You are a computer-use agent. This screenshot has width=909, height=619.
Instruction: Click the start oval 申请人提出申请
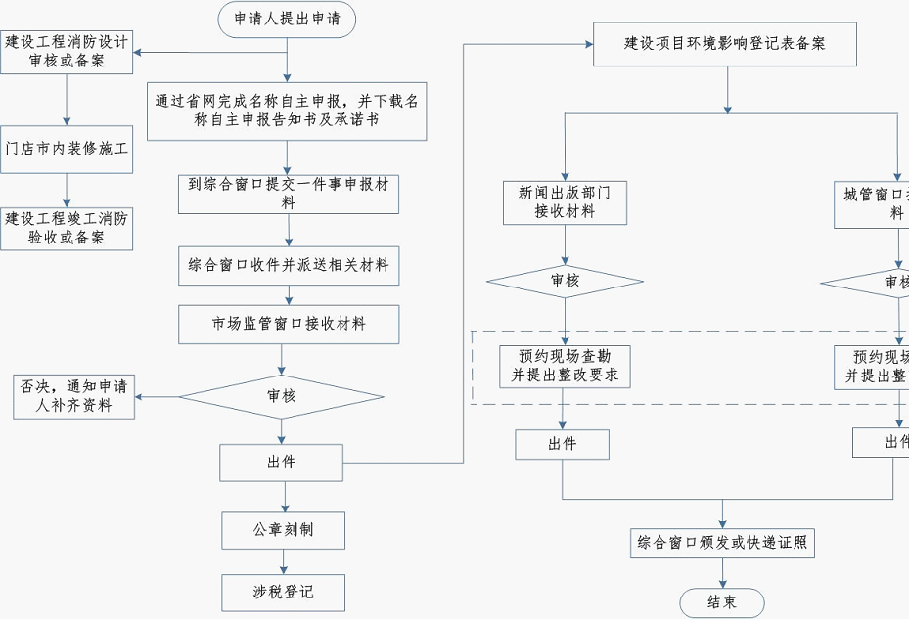(x=287, y=19)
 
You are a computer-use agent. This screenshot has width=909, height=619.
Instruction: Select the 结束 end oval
(x=722, y=602)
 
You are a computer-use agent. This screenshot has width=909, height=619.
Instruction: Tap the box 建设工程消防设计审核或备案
(x=67, y=51)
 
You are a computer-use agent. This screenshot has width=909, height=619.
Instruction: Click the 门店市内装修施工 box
(x=67, y=150)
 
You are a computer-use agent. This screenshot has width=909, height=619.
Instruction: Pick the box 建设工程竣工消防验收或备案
(x=67, y=228)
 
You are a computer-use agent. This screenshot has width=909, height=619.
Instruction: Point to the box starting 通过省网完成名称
(x=288, y=111)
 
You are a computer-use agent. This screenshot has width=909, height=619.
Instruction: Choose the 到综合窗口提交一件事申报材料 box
(x=289, y=194)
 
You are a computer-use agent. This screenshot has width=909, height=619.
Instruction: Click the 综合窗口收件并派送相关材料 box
(x=289, y=265)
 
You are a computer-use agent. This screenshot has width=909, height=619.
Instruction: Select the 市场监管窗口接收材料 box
(x=289, y=324)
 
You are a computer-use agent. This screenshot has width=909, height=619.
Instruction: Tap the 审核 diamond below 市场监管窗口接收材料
(x=282, y=396)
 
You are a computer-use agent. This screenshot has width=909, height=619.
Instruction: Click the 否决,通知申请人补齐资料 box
(x=74, y=396)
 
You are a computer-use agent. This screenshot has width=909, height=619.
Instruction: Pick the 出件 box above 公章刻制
(x=281, y=463)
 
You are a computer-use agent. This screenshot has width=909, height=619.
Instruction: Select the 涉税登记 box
(x=284, y=592)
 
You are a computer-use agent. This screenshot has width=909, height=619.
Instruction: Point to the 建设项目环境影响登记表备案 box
(x=725, y=44)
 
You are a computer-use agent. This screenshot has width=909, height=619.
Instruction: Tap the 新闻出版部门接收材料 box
(x=565, y=202)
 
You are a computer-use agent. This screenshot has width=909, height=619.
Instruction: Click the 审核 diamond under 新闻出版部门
(x=565, y=282)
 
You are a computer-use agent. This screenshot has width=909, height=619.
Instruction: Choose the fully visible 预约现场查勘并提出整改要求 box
(x=563, y=367)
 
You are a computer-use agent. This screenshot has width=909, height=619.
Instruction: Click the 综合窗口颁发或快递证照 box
(x=722, y=543)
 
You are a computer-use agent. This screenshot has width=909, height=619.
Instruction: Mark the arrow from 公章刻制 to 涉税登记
(x=284, y=561)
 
